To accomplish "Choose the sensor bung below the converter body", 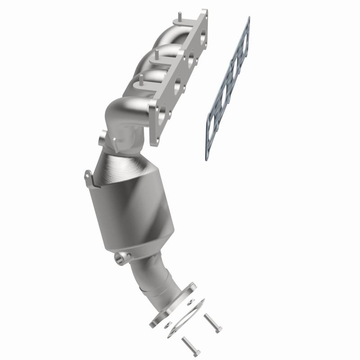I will pos(121,258).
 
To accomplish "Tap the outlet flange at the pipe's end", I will pos(173,306).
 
